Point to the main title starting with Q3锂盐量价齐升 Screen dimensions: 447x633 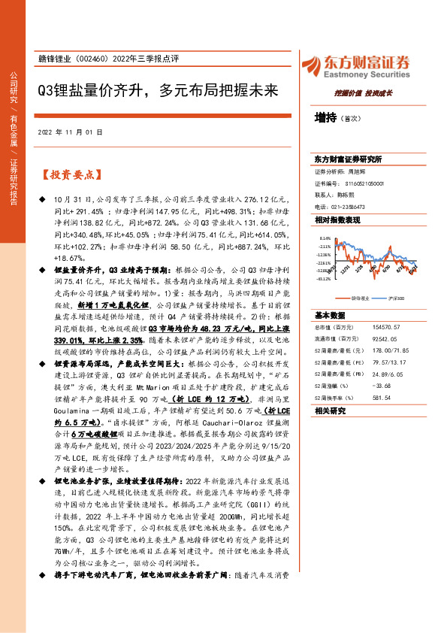pos(158,92)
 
